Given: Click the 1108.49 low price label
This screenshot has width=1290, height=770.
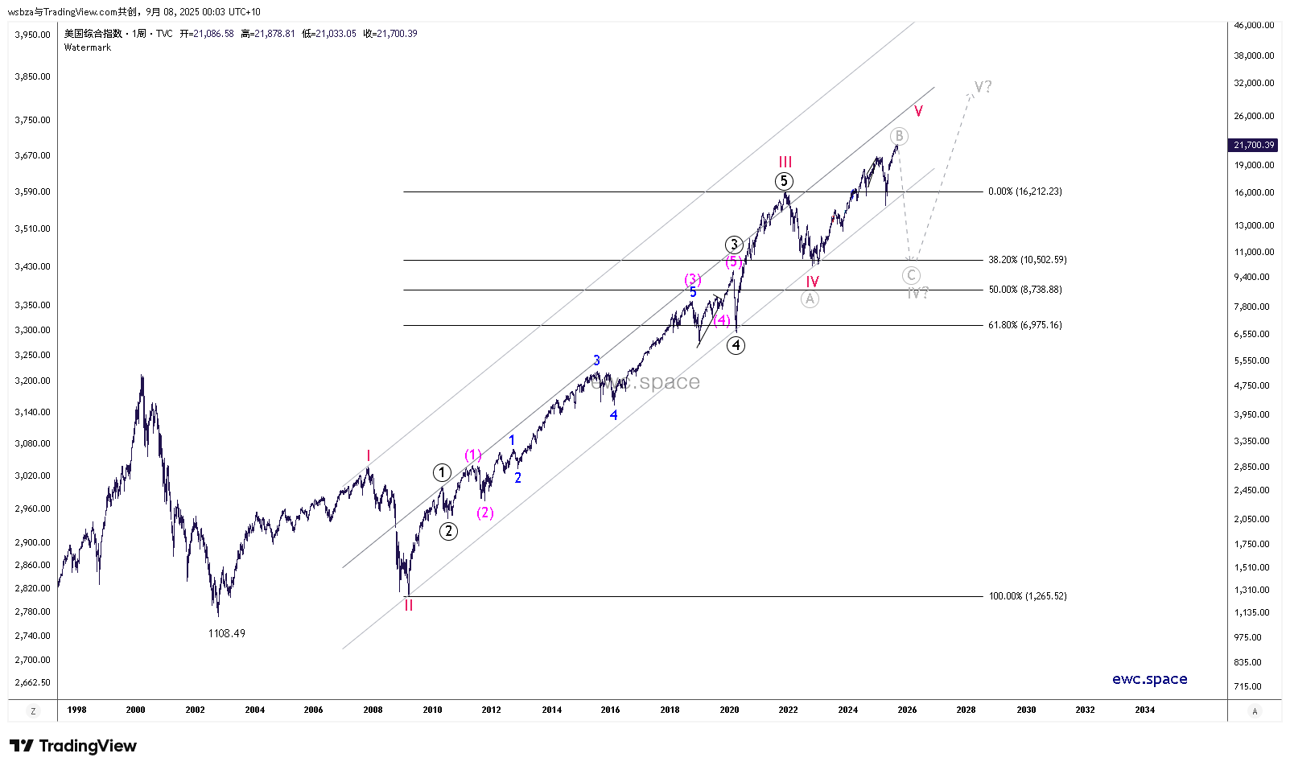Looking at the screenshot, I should coord(226,633).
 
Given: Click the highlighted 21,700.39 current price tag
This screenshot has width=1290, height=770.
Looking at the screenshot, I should coord(1254,145).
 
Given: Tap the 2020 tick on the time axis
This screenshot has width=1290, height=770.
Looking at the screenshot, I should coord(729,710).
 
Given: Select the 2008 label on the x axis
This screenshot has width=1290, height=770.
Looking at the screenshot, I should coord(373,710).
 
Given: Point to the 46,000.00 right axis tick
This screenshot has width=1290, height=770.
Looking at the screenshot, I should coord(1254,25).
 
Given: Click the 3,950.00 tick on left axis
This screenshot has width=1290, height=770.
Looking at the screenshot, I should coord(32,35).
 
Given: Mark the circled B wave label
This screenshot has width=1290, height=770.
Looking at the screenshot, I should coord(899,136).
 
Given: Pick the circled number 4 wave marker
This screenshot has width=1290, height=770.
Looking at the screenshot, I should coord(736,345).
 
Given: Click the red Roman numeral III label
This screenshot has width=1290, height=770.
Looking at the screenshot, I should coord(785,162).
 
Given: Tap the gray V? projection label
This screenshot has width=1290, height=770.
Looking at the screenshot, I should coord(983,86).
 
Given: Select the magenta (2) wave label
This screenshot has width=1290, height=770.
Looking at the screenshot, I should coord(484,513).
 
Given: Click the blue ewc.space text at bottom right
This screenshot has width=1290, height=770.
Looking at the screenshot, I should coord(1149,679).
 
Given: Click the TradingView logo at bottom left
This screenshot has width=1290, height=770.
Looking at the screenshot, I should coord(73,746).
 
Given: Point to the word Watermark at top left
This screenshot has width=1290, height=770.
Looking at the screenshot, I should coord(88,47).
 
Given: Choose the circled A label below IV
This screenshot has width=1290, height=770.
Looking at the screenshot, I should coord(810,299).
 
